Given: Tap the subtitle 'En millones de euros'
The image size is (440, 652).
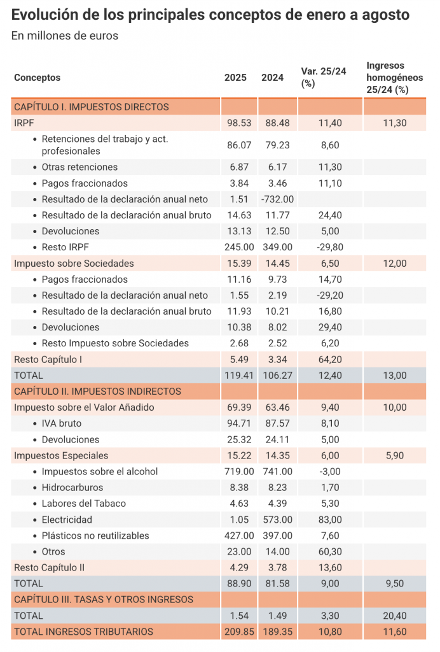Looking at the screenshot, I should tap(65, 36).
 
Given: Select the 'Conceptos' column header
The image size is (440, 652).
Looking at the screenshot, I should tap(37, 78).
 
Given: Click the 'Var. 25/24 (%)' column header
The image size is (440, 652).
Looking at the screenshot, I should tap(324, 77).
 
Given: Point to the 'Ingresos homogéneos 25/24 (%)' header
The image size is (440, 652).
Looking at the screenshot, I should tap(394, 78).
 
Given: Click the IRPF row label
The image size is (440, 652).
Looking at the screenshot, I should tap(24, 123).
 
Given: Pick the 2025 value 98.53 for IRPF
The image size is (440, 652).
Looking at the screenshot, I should tap(239, 123).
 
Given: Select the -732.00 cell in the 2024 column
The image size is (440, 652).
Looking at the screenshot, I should tap(277, 199).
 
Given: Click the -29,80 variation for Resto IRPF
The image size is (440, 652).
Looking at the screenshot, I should tap(330, 247).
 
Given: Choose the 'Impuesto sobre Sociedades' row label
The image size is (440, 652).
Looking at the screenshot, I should tap(74, 263).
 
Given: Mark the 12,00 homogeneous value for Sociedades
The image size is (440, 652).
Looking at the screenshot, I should tap(394, 263).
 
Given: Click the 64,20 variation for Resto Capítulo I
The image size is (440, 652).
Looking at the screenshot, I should tap(330, 359).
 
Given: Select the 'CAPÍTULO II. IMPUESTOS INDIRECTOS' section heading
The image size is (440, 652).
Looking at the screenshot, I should tap(97, 392).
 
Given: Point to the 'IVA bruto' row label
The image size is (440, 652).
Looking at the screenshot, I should tap(61, 423).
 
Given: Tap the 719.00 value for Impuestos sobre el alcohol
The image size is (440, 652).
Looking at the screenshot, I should tap(239, 472).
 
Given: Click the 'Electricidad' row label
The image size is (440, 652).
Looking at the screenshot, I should tap(67, 520).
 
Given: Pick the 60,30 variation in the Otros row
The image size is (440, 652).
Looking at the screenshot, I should tap(330, 551).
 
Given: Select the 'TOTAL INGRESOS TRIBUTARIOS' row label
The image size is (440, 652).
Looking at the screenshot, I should tap(83, 632).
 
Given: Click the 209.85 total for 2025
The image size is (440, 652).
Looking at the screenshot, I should tap(239, 632).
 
